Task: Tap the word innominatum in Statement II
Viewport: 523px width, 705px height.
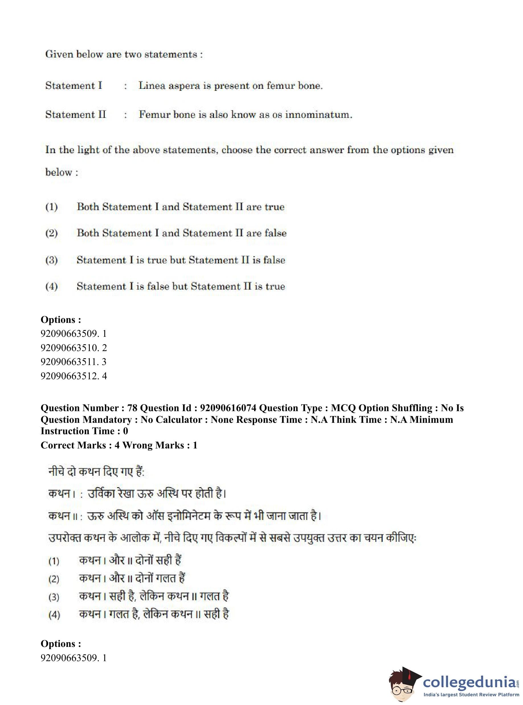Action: pos(318,114)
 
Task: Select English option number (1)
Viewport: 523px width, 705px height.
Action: pos(51,207)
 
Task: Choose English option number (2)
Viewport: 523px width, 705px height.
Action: pos(51,233)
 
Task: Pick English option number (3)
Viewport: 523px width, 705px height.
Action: pos(51,260)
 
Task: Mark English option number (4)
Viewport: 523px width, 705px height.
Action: pos(51,286)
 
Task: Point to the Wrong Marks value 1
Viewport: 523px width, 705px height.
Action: pos(195,445)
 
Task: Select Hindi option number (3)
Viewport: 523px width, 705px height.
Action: pos(54,597)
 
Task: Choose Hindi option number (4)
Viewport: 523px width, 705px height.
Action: pos(54,615)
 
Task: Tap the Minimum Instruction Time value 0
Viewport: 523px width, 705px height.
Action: pos(125,431)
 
